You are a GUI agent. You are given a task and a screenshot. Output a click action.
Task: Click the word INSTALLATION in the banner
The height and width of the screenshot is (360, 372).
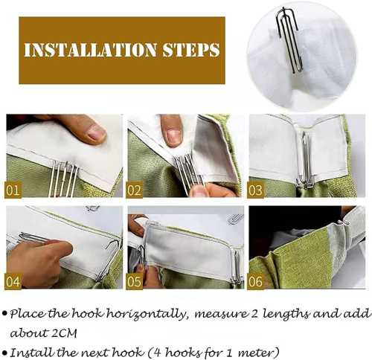point(90,50)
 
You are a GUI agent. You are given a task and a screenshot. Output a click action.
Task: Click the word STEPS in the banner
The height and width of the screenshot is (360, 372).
point(191,50)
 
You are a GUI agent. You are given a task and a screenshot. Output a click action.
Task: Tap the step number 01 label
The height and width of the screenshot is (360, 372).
point(13,190)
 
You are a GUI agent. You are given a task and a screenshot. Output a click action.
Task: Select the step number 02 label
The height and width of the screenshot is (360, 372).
point(134,190)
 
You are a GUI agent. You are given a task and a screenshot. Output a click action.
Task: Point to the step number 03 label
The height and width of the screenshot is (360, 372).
point(255,190)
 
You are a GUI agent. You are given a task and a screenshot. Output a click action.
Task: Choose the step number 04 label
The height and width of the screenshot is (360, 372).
point(13,282)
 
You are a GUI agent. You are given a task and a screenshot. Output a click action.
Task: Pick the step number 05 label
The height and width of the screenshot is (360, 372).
point(134,282)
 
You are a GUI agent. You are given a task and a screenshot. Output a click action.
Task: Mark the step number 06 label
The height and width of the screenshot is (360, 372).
point(255,282)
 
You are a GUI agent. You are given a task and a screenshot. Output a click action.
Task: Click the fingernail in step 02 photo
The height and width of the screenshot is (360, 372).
point(173,138)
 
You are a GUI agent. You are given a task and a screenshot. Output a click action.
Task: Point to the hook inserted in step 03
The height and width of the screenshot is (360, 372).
point(306,161)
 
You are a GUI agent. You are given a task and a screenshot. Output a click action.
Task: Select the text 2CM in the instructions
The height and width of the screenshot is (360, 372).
point(64,333)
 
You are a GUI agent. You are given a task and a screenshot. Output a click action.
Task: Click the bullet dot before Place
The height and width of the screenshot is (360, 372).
point(4,313)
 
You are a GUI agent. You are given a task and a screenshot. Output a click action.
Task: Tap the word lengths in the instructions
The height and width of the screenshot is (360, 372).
point(285,314)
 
